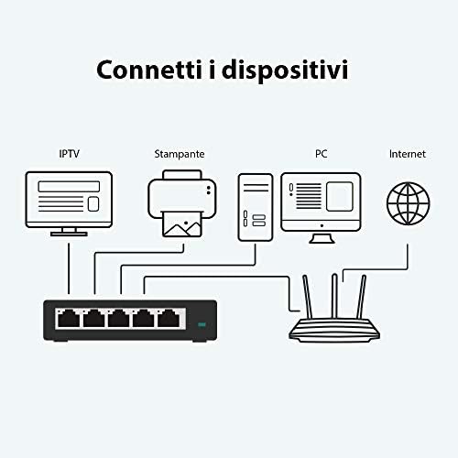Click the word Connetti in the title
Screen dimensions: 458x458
click(x=149, y=70)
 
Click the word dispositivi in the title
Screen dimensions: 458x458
click(x=285, y=71)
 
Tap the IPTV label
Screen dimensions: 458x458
click(x=70, y=154)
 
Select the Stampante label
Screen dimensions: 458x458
click(x=180, y=154)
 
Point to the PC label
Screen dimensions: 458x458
click(x=322, y=154)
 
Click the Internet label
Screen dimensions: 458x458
click(x=408, y=154)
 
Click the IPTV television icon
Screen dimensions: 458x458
click(x=69, y=203)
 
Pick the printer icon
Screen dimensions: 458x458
click(x=182, y=203)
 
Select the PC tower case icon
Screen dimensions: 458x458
click(x=256, y=207)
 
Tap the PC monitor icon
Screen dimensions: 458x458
click(x=321, y=208)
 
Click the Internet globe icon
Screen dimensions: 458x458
click(x=409, y=203)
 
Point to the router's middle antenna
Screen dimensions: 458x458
click(x=334, y=296)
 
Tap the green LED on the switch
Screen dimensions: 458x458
click(x=202, y=324)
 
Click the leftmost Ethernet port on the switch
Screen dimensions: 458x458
click(x=69, y=319)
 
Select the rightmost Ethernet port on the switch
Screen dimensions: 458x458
click(x=169, y=319)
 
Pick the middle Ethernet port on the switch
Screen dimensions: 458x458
click(x=118, y=319)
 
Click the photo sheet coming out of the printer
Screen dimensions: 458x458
click(x=182, y=224)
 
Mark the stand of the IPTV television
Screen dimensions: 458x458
click(x=69, y=232)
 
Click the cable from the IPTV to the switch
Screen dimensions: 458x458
click(x=69, y=268)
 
